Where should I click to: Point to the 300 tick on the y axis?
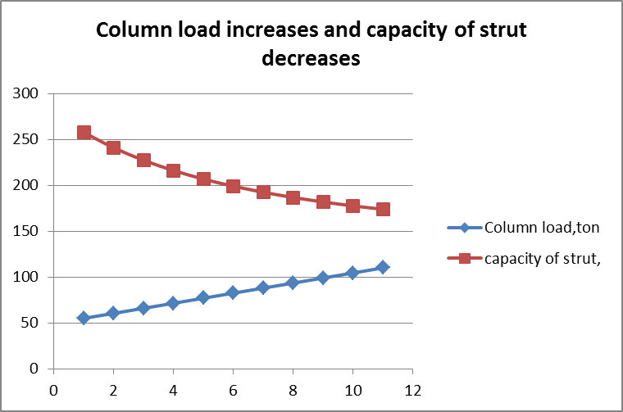click(x=28, y=93)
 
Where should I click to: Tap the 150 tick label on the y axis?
click(x=28, y=231)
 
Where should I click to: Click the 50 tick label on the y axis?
click(x=31, y=323)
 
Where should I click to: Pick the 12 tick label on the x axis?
click(x=412, y=390)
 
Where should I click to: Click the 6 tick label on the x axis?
click(x=233, y=390)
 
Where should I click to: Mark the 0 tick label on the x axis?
click(x=53, y=390)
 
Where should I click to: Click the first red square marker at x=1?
click(x=84, y=133)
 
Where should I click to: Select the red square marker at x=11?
click(x=383, y=209)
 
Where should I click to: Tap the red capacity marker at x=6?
click(x=233, y=186)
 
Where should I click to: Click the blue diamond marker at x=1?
click(x=84, y=318)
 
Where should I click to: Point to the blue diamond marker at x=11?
click(x=383, y=267)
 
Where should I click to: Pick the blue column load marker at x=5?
click(x=203, y=297)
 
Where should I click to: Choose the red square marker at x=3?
click(x=143, y=160)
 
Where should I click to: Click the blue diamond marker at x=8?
click(x=293, y=283)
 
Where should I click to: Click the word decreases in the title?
click(x=311, y=59)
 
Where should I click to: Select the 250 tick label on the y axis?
click(x=28, y=139)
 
